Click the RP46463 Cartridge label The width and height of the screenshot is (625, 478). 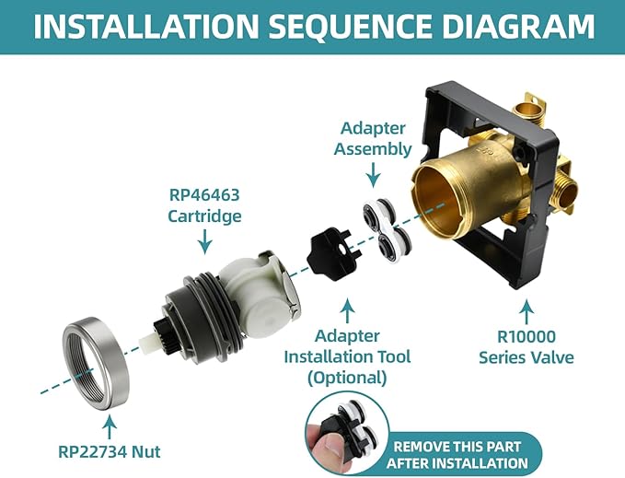coord(204,206)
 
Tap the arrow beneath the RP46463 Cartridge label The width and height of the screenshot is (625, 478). coord(204,241)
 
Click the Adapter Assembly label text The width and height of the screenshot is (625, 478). coord(372,138)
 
